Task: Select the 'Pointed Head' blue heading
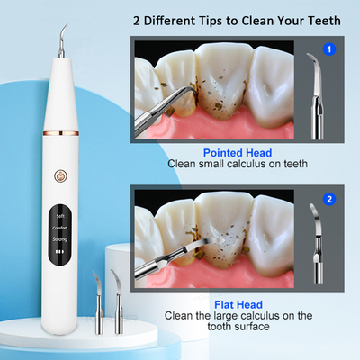coord(238,153)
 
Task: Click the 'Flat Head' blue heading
coord(238,303)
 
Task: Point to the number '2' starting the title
coord(138,19)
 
